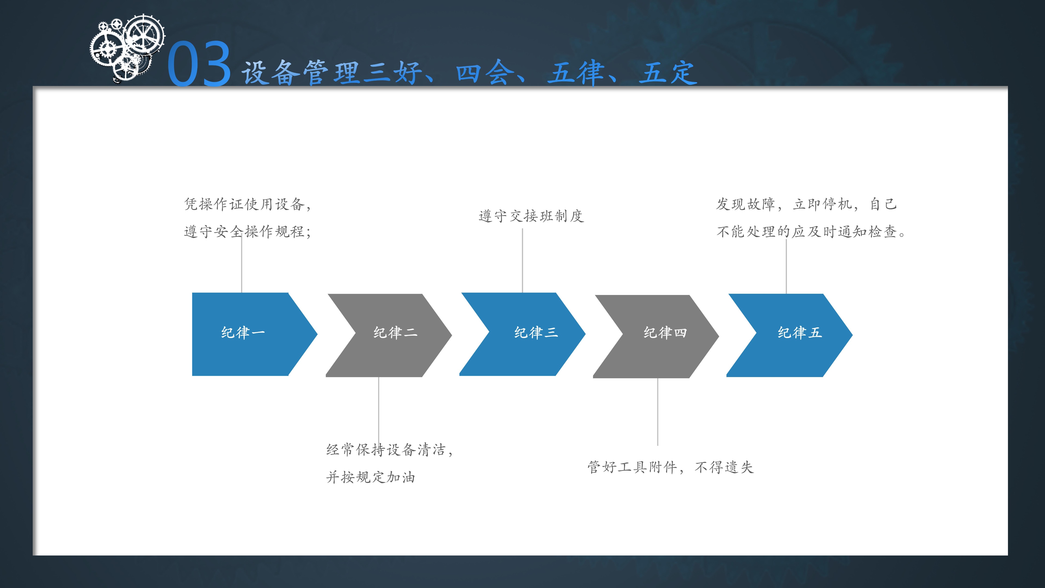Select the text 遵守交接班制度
coord(531,216)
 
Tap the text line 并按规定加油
coord(370,477)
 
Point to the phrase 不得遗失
coord(724,467)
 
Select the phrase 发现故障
coord(746,204)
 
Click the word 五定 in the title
coord(667,73)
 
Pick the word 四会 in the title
coord(485,73)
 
